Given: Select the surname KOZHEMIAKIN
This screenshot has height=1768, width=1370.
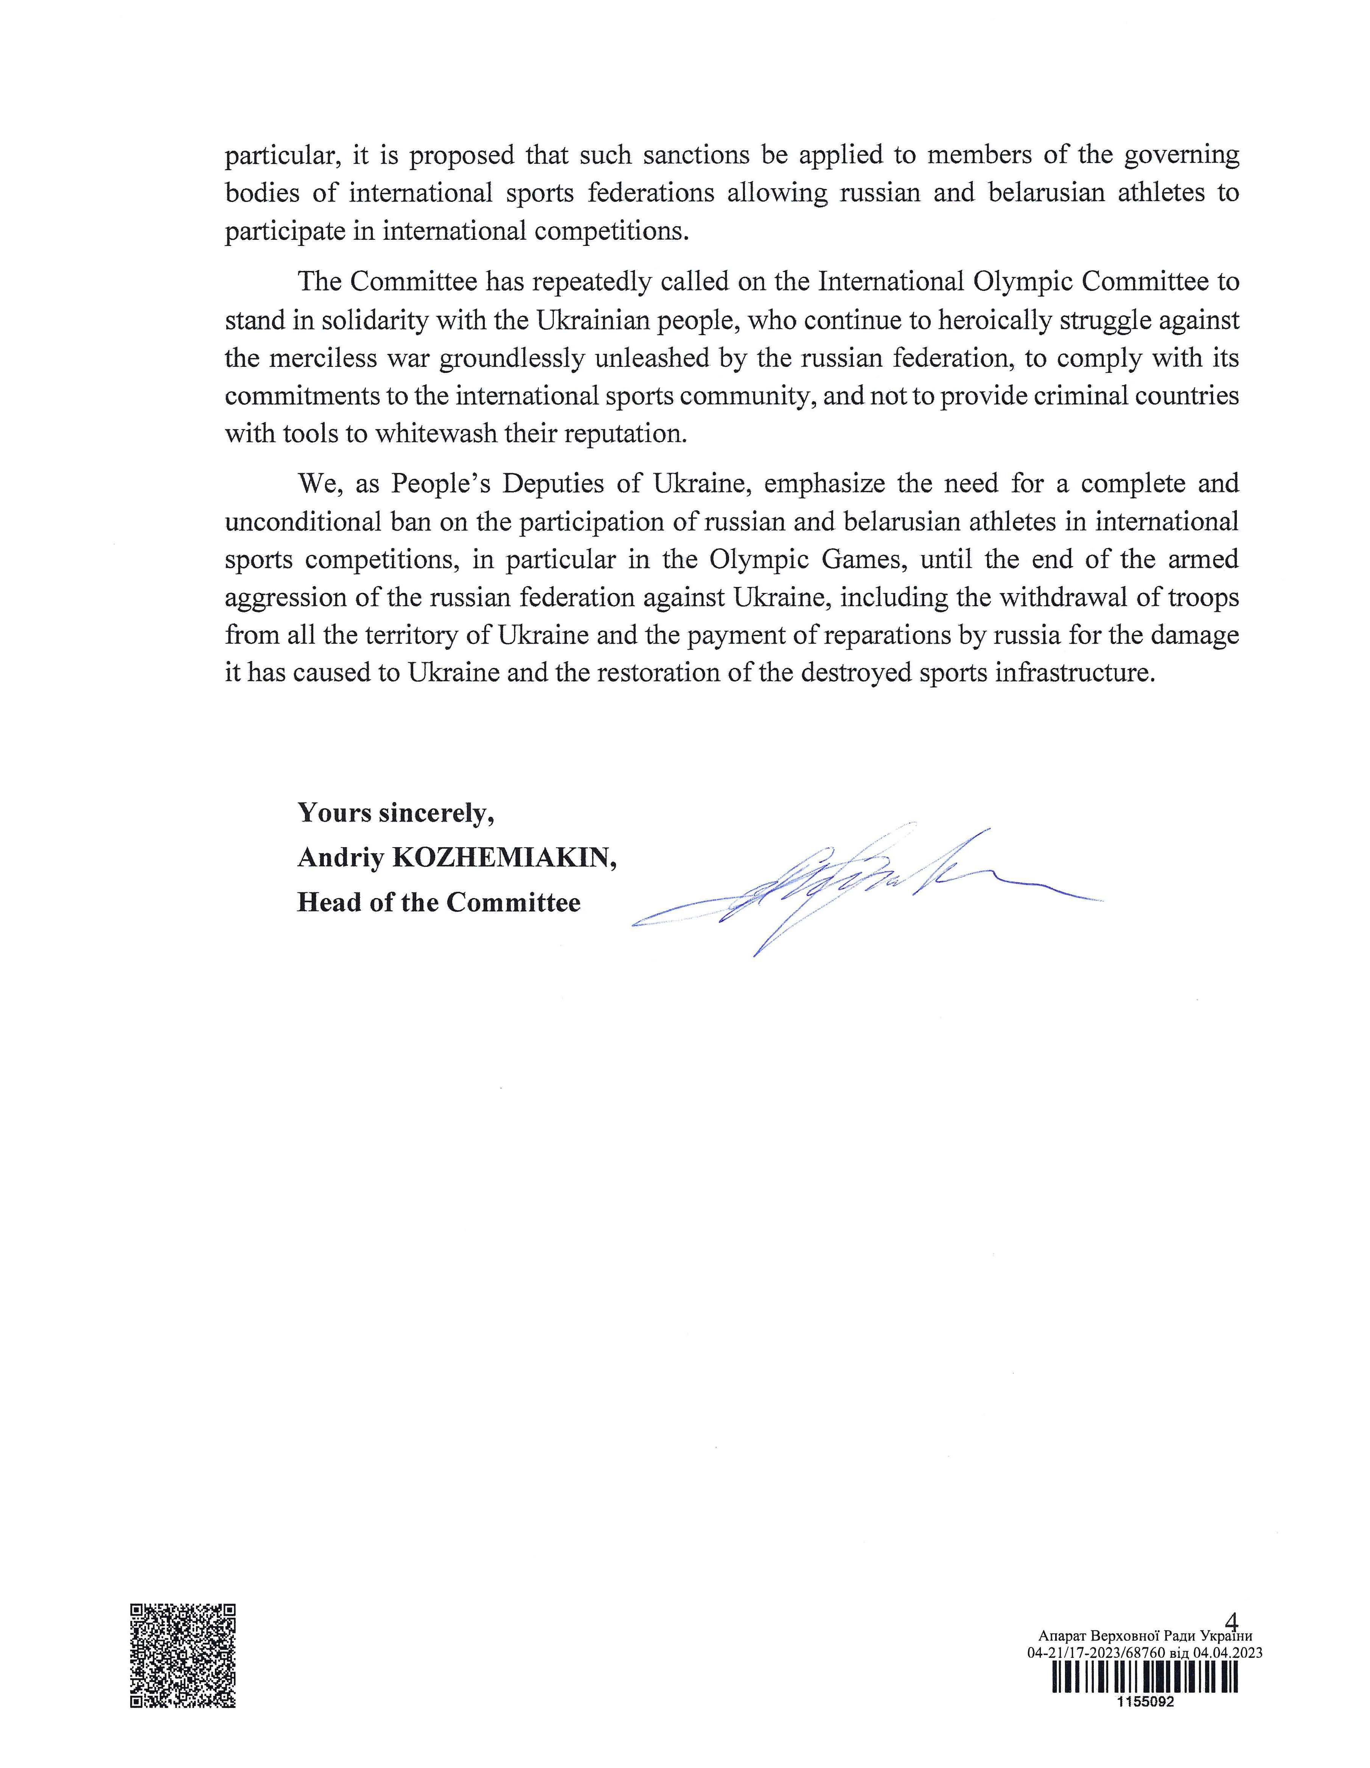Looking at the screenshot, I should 504,857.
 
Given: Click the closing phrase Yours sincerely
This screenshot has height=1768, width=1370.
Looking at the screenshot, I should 396,812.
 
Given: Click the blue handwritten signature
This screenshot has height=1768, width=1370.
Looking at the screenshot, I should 850,886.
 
